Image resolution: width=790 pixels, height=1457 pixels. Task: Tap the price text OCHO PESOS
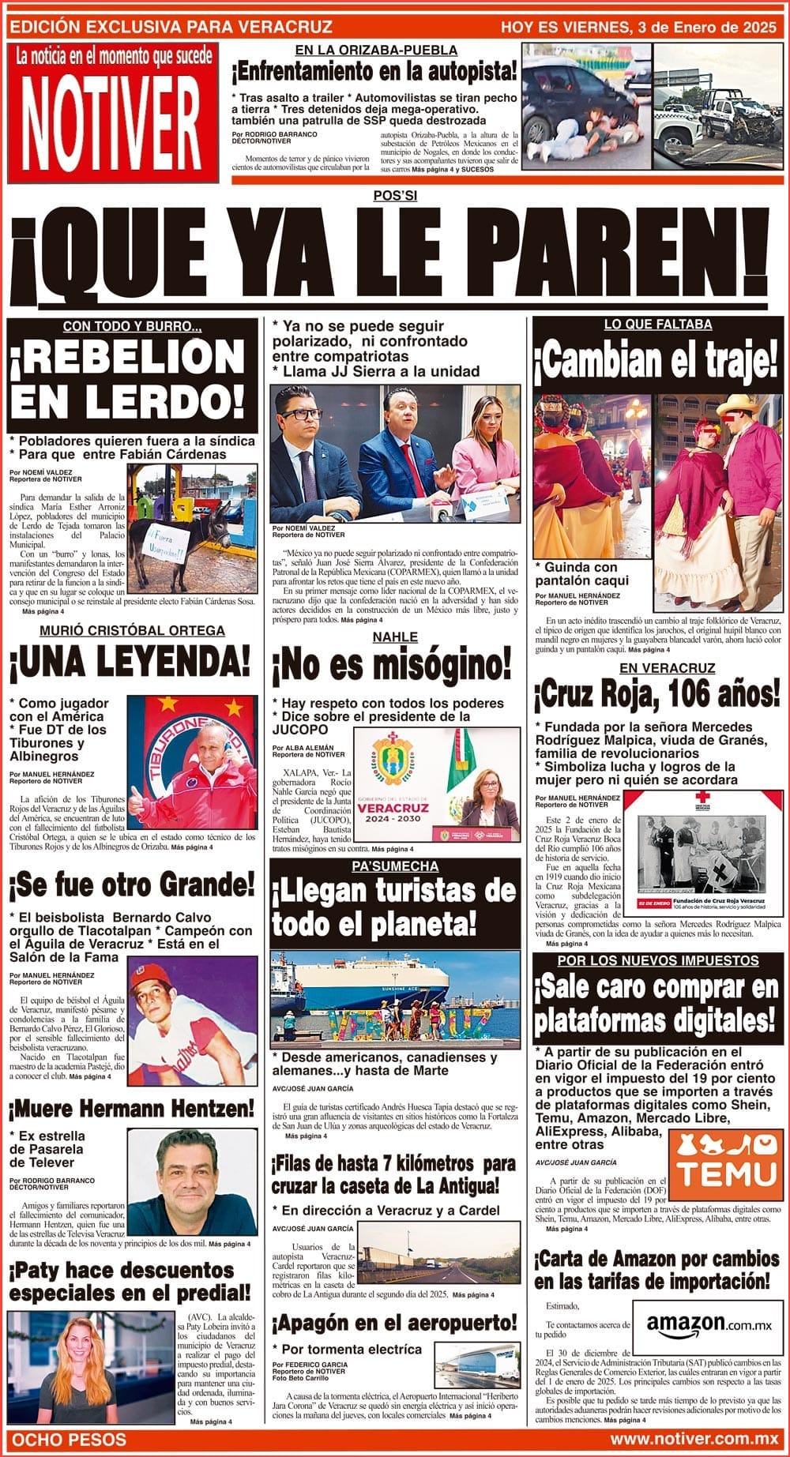(70, 1440)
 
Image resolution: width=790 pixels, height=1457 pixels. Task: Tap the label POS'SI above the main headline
(395, 196)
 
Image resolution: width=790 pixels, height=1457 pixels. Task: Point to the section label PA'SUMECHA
(395, 866)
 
